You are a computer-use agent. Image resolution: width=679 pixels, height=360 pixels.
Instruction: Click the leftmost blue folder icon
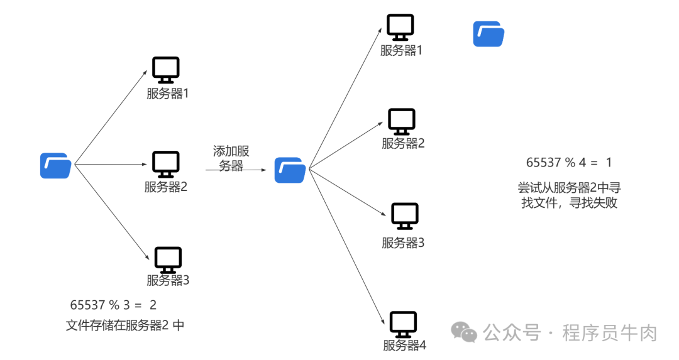pos(55,165)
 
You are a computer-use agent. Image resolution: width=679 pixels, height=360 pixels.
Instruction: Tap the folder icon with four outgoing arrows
pos(290,170)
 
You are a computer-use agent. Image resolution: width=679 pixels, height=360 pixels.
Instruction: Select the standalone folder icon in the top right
pos(489,34)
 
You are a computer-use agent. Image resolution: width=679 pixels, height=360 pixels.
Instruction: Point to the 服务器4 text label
pos(404,345)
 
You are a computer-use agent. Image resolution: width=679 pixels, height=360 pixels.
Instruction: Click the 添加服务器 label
pos(231,158)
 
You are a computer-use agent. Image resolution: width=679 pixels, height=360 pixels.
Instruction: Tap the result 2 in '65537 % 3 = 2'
pos(153,305)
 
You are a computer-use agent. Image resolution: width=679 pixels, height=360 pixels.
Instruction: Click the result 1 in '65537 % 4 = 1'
pos(609,162)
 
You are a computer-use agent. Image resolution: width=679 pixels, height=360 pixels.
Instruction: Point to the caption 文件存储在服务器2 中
pos(125,325)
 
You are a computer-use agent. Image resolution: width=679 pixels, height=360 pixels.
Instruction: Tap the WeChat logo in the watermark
pos(465,332)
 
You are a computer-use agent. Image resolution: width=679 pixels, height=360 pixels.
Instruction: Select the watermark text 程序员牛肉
pos(609,332)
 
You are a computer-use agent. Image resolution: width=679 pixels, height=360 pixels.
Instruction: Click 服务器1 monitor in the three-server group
pos(166,70)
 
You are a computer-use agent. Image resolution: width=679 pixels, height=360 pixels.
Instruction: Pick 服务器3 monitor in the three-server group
pos(168,259)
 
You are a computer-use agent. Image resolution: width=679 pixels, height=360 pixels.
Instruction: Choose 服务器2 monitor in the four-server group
pos(402,121)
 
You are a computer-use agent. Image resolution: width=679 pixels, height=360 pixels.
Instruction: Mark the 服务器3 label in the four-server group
pos(403,243)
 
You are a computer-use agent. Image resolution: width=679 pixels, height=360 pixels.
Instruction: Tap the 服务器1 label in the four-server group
pos(401,51)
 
